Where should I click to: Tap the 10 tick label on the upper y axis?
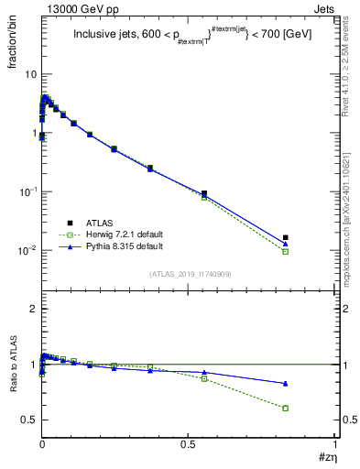[x=31, y=73]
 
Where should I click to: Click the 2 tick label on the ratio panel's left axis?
[x=34, y=309]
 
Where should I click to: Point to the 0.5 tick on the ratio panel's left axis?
[x=30, y=420]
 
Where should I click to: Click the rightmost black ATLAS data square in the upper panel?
[x=286, y=237]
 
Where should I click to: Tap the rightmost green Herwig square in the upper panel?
[x=286, y=251]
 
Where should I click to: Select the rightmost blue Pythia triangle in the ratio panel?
[x=286, y=383]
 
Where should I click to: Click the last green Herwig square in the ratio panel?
[x=286, y=408]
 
